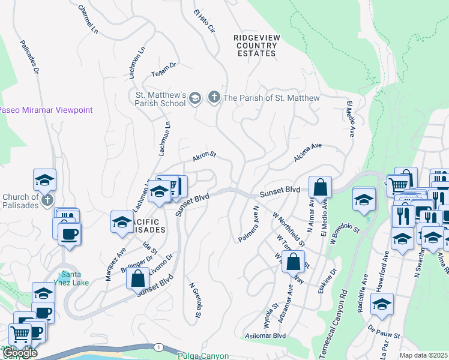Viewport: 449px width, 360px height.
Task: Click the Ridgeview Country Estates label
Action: [255, 46]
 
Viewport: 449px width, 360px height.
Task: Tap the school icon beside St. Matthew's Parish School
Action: [195, 98]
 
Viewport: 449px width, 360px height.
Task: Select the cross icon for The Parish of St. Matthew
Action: [214, 98]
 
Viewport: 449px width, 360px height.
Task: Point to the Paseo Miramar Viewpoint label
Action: [46, 110]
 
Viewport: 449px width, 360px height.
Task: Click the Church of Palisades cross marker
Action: [47, 199]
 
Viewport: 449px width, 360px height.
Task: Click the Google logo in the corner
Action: [20, 353]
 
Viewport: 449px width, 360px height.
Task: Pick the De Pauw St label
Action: [379, 329]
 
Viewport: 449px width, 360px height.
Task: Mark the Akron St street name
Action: [203, 157]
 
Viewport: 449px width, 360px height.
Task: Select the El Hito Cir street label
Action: [203, 20]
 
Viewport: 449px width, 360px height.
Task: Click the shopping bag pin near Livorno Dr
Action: [138, 278]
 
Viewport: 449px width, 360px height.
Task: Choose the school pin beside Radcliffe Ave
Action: [382, 305]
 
